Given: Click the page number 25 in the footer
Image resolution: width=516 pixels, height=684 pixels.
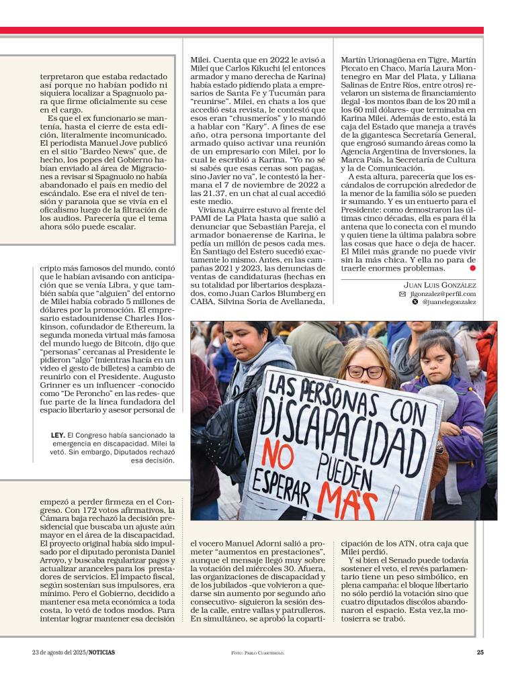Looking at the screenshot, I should (x=480, y=652).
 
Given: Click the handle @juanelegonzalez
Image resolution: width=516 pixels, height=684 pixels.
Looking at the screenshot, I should (x=449, y=303).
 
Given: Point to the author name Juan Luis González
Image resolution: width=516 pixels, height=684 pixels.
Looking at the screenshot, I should (x=439, y=285).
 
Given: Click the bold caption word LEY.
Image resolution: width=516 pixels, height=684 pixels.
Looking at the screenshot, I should (x=58, y=435).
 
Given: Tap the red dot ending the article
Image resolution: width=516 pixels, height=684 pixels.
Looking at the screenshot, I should (x=473, y=268).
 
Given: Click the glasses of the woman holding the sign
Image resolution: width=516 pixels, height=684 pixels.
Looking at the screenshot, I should (x=366, y=371).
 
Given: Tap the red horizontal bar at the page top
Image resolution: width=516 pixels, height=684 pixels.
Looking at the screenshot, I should (x=242, y=30).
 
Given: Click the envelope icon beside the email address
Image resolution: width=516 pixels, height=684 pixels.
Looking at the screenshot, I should (x=402, y=294).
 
